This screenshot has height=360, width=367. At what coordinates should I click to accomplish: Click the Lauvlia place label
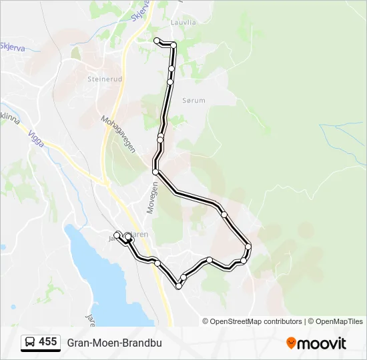pyautogui.click(x=183, y=21)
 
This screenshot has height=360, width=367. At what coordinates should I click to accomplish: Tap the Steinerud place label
pyautogui.click(x=103, y=78)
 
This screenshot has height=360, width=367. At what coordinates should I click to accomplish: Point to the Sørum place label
pyautogui.click(x=193, y=100)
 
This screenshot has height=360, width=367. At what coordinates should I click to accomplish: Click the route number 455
pyautogui.click(x=47, y=342)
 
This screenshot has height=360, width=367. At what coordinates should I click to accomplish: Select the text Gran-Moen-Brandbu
pyautogui.click(x=114, y=343)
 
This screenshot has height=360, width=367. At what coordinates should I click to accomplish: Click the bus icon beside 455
pyautogui.click(x=30, y=343)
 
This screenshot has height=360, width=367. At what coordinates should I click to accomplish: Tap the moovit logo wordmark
pyautogui.click(x=322, y=343)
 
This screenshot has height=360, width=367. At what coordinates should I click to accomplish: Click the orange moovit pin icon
pyautogui.click(x=291, y=343)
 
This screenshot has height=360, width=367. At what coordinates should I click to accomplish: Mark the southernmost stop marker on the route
pyautogui.click(x=179, y=286)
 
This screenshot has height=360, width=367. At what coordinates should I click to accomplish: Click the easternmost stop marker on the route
pyautogui.click(x=248, y=247)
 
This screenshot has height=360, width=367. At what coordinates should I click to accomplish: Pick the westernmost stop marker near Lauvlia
pyautogui.click(x=157, y=41)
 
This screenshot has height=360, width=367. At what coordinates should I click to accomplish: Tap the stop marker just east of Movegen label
pyautogui.click(x=155, y=172)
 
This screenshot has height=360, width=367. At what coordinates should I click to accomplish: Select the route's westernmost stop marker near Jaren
pyautogui.click(x=117, y=234)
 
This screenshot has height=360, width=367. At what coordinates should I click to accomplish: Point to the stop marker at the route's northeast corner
pyautogui.click(x=173, y=45)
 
